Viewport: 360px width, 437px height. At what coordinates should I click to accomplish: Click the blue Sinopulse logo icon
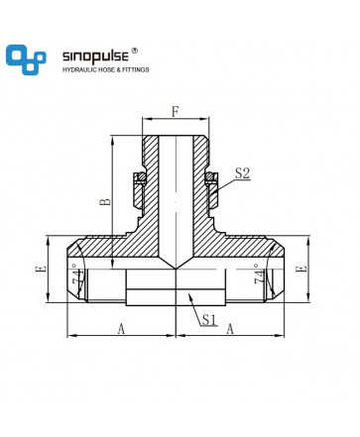[x=26, y=59]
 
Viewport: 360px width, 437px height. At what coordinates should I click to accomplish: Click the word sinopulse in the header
[x=95, y=56]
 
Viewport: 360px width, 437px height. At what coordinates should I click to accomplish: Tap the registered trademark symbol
[x=135, y=51]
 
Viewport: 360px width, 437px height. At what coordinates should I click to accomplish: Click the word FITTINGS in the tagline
[x=136, y=69]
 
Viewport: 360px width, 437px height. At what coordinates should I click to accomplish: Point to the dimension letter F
[x=175, y=112]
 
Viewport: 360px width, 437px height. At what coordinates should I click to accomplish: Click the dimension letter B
[x=105, y=201]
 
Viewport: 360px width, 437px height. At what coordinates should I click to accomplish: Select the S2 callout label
[x=242, y=173]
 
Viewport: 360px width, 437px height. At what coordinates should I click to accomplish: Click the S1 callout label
[x=209, y=319]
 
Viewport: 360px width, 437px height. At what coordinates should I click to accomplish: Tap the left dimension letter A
[x=121, y=329]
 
